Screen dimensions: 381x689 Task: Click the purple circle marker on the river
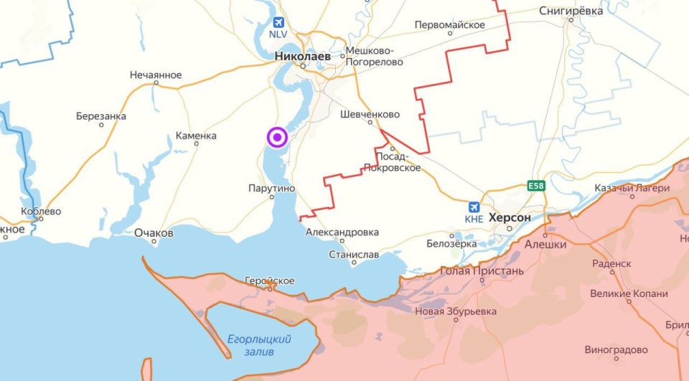[277, 137]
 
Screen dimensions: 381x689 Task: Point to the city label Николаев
[303, 55]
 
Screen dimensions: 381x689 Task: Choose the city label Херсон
[509, 217]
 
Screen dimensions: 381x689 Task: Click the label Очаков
[154, 233]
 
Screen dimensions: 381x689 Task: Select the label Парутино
[271, 188]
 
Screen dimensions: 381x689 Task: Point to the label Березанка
[101, 116]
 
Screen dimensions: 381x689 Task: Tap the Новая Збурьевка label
[456, 311]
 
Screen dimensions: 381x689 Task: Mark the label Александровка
[342, 232]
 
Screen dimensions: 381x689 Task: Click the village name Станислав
[354, 254]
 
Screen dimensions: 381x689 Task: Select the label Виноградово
[616, 350]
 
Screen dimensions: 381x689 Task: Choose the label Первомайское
[450, 25]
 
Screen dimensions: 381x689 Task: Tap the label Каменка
[196, 136]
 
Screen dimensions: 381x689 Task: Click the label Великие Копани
[629, 293]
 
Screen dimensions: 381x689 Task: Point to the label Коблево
[42, 212]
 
